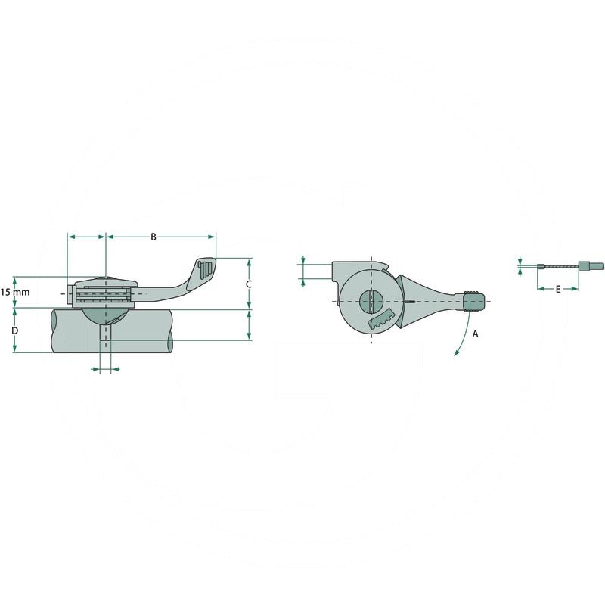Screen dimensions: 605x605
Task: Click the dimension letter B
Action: coord(153,237)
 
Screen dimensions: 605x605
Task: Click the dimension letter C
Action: coord(249,284)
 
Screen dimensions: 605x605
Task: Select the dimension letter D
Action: coord(15,331)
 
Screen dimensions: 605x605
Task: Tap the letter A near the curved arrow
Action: coord(475,333)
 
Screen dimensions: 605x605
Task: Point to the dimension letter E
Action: coord(558,289)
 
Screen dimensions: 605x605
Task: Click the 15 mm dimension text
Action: coord(14,292)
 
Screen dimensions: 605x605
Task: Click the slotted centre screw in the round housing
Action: coord(371,301)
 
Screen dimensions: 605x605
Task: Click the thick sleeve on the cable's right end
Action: coord(584,266)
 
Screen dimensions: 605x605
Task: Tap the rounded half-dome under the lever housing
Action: coord(105,314)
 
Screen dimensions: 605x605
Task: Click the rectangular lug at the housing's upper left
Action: coord(344,270)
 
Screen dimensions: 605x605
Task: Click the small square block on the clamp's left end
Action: coord(71,294)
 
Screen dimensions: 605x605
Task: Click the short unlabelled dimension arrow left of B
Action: coord(86,237)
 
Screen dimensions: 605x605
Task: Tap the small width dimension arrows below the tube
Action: coord(105,369)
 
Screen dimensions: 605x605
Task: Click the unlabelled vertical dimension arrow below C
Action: coord(249,324)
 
